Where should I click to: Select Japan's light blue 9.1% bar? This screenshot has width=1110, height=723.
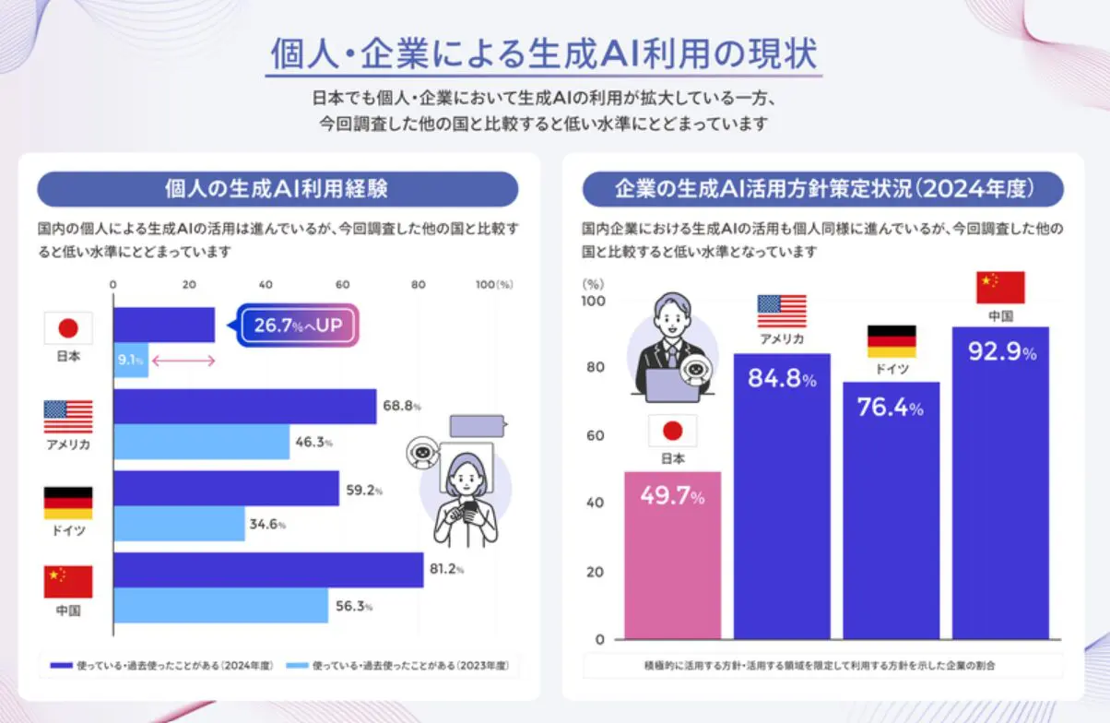130,360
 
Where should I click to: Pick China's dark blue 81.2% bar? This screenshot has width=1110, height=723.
267,570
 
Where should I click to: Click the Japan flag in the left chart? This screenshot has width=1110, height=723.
68,328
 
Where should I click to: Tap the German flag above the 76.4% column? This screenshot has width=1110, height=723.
892,341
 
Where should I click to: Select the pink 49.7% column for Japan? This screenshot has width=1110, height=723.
673,553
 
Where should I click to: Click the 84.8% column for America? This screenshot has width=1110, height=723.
782,498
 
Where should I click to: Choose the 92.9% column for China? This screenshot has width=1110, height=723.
1000,484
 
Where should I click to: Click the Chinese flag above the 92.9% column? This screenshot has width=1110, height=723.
1000,288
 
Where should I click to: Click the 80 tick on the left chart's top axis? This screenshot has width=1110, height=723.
419,285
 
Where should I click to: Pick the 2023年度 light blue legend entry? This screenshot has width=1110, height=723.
398,665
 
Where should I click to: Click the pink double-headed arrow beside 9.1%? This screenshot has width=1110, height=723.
183,361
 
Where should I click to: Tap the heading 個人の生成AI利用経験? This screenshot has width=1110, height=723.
277,189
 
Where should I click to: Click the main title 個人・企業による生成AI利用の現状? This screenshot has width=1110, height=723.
544,54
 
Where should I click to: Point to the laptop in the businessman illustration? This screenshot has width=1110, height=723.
671,385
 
